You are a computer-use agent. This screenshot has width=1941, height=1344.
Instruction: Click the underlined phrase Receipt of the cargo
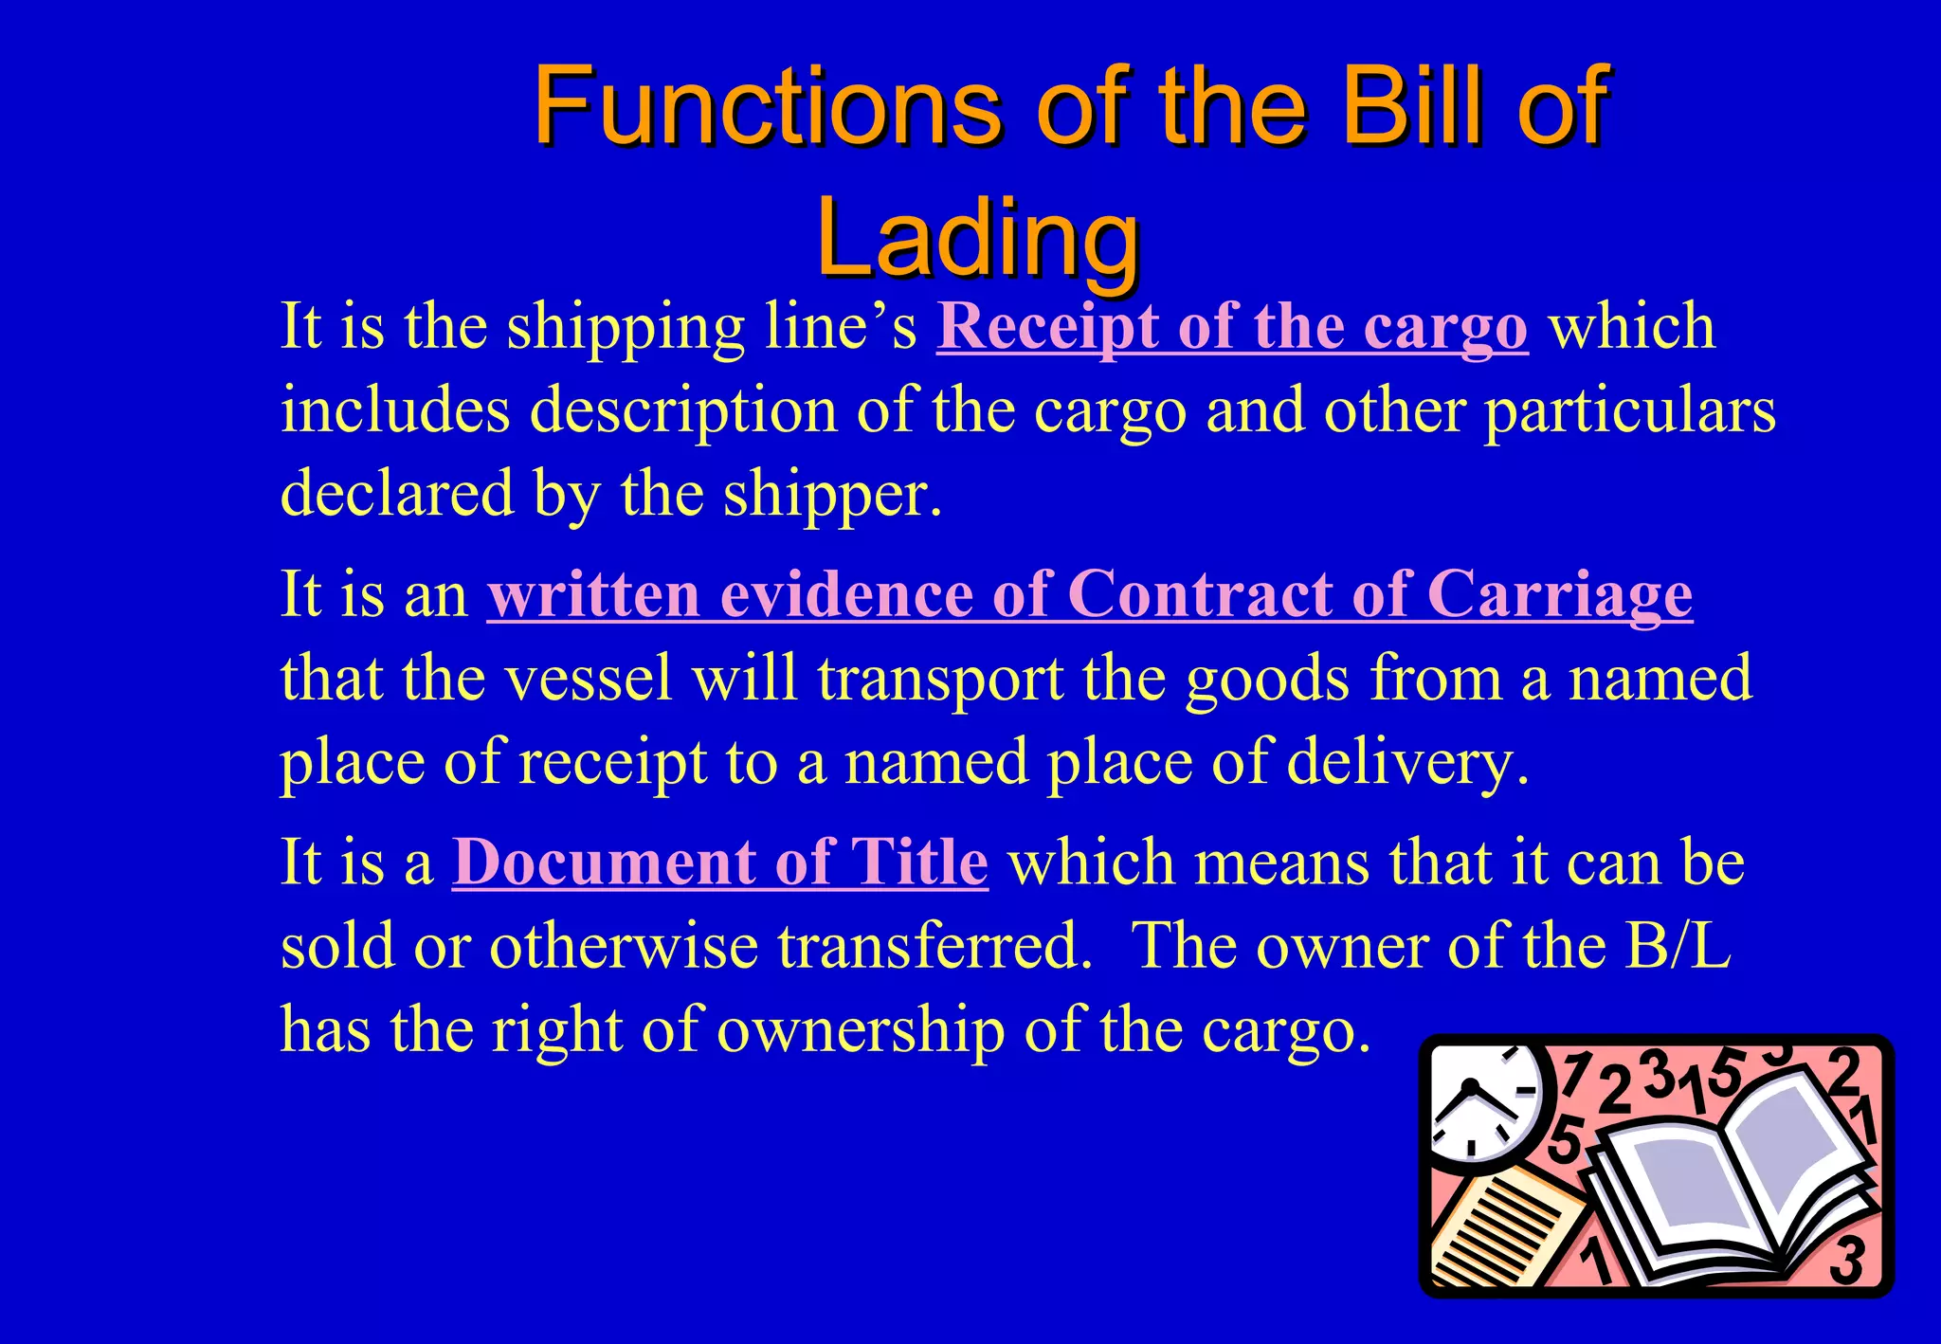[x=1231, y=328]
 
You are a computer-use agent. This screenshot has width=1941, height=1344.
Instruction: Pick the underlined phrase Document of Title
[x=719, y=863]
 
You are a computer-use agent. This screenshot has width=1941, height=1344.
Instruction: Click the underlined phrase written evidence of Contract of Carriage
[x=1089, y=595]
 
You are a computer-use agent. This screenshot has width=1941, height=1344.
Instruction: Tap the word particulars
[x=1629, y=411]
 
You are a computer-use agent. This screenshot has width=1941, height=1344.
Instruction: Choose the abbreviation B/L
[x=1678, y=946]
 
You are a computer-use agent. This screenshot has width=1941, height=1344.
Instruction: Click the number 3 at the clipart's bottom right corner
[x=1846, y=1261]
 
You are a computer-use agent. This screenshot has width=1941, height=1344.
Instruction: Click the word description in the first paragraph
[x=682, y=411]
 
